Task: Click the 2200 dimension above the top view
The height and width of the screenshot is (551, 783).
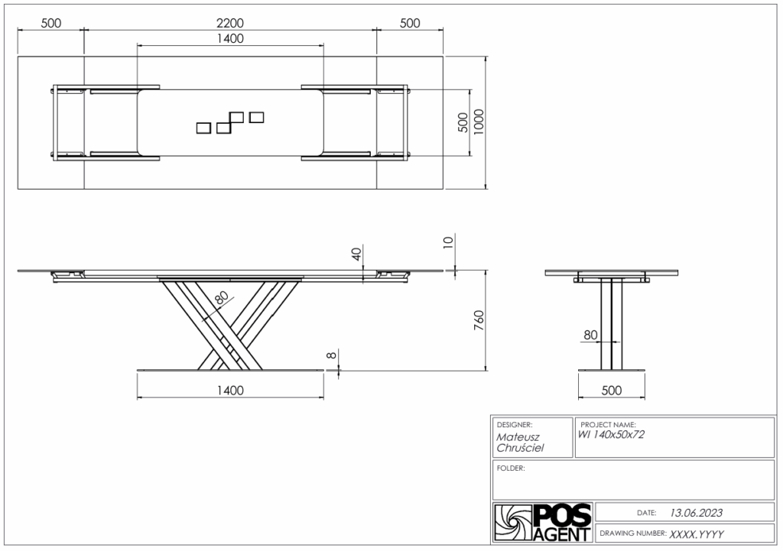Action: coord(229,23)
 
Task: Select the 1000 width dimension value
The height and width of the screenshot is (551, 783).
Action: coord(479,122)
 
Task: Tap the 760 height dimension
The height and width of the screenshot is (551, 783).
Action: coord(479,320)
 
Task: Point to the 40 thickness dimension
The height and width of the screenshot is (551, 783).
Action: coord(356,254)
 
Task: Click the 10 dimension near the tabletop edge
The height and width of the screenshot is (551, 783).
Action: coord(448,242)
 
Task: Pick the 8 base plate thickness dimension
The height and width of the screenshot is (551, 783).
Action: coord(332,356)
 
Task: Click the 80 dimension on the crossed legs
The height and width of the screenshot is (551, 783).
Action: coord(222,298)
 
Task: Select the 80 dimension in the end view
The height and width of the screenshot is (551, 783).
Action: coord(590,335)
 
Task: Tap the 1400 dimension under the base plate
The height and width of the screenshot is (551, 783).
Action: coord(230,391)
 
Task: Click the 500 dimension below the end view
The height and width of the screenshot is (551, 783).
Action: coord(611,391)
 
